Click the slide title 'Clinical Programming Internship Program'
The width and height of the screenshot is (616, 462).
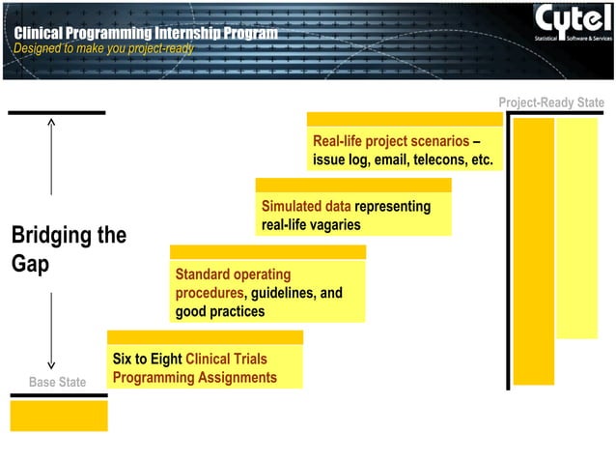click(x=146, y=34)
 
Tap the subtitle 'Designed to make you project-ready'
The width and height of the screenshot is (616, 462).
click(x=103, y=48)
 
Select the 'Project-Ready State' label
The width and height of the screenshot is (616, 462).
click(x=550, y=102)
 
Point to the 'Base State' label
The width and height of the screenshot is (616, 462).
click(x=57, y=383)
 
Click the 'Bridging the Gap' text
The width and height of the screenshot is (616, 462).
click(x=68, y=249)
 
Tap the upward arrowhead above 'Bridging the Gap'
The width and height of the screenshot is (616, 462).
click(x=51, y=123)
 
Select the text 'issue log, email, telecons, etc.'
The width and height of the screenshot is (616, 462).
click(x=403, y=159)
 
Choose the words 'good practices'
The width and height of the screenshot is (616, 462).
click(x=219, y=311)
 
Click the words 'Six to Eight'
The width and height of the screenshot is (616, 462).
click(x=147, y=359)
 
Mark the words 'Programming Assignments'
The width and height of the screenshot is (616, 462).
click(x=194, y=377)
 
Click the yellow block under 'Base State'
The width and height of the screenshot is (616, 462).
click(x=59, y=416)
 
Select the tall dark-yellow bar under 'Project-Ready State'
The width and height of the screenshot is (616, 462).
click(x=533, y=251)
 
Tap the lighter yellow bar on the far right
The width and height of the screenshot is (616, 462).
click(x=577, y=228)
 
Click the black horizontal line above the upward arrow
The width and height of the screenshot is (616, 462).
click(x=56, y=112)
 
